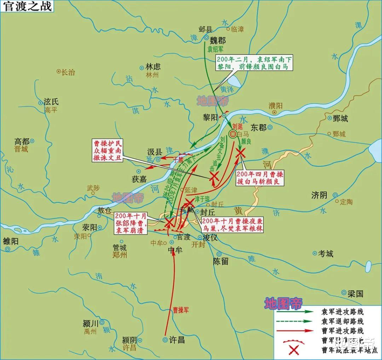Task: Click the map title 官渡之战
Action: (27, 6)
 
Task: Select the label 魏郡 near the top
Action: (217, 40)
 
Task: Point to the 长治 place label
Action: (68, 72)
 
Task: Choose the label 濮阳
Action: (276, 105)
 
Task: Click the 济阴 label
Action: (319, 195)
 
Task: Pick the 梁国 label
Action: (355, 294)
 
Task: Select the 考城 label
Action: (325, 254)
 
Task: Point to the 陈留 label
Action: (221, 261)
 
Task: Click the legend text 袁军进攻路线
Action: (342, 312)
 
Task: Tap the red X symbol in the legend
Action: (294, 350)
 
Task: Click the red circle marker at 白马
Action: (233, 134)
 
